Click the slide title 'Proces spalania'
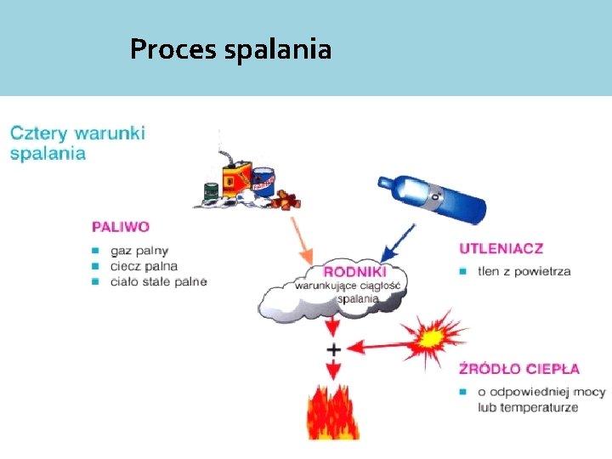[230, 50]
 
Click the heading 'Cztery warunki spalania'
[77, 143]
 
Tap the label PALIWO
[121, 227]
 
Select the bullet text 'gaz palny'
[139, 251]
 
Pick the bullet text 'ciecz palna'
[144, 266]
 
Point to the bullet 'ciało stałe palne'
[158, 281]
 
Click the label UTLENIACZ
[501, 249]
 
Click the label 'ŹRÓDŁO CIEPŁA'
[519, 369]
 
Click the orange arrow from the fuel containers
[302, 240]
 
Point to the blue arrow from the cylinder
[398, 243]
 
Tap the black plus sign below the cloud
[333, 349]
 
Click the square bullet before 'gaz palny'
[98, 251]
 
